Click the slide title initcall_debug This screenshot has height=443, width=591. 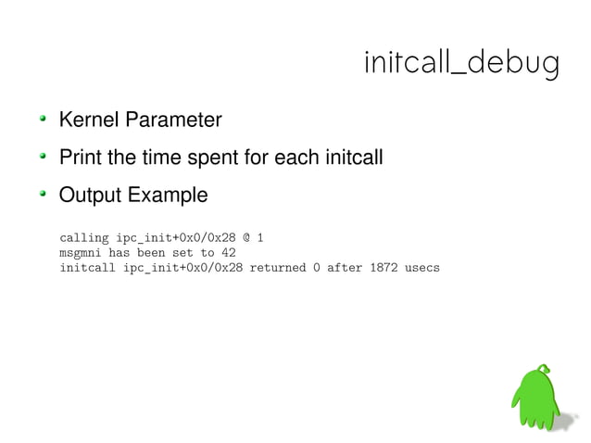pyautogui.click(x=460, y=64)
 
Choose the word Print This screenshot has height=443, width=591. pyautogui.click(x=81, y=158)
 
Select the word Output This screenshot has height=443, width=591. pyautogui.click(x=90, y=196)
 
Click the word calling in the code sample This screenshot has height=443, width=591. pyautogui.click(x=83, y=238)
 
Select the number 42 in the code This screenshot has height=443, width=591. pyautogui.click(x=230, y=253)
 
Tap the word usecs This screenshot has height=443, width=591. pyautogui.click(x=423, y=268)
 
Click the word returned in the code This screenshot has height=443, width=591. pyautogui.click(x=281, y=268)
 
